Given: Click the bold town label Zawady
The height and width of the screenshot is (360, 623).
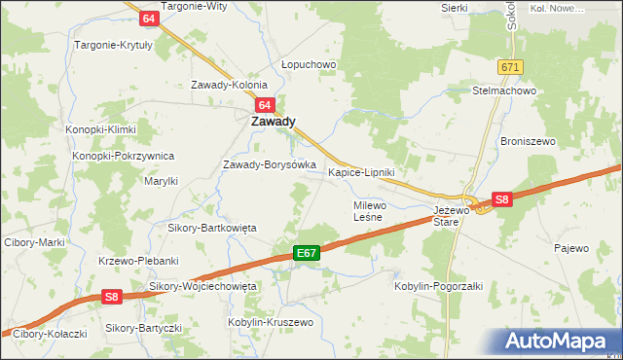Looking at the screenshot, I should click(274, 123).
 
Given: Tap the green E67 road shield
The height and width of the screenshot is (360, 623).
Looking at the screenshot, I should click(307, 253).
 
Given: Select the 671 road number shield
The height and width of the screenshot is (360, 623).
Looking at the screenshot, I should click(511, 66).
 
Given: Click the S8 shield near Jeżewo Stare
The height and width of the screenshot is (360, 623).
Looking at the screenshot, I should click(501, 199).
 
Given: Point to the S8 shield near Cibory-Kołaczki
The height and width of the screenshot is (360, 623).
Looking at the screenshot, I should click(113, 297).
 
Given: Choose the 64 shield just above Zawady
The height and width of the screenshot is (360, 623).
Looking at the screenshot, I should click(264, 104).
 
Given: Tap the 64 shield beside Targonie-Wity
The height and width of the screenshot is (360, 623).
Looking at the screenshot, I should click(148, 18).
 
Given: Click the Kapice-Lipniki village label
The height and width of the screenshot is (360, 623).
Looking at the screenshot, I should click(361, 172).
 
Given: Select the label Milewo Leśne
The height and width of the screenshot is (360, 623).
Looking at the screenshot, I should click(370, 212).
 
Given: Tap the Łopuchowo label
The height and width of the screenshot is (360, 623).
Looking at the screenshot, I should click(309, 65).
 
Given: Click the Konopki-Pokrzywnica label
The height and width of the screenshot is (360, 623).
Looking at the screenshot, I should click(123, 156).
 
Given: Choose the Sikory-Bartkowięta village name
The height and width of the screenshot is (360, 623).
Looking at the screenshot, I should click(211, 228).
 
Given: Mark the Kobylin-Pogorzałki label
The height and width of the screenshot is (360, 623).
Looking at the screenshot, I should click(438, 286).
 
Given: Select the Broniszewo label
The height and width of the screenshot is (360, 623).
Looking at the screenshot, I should click(528, 141).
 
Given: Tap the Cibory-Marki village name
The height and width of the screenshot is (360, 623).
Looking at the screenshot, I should click(34, 242).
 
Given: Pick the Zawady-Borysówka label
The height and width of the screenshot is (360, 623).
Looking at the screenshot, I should click(270, 164).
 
